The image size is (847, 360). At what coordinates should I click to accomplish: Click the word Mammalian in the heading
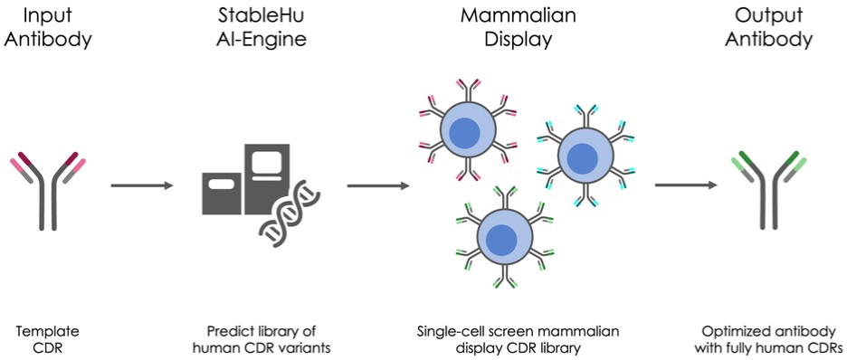coord(518,14)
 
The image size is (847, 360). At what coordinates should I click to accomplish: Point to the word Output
coord(768,14)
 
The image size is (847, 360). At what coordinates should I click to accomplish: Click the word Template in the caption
coord(48,331)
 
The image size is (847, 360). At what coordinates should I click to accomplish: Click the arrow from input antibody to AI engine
coord(142,185)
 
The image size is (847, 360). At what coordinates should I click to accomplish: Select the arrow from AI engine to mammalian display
coord(378,185)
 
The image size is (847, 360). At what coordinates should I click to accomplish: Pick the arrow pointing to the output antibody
coord(686,185)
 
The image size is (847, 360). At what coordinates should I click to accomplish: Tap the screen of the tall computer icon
coord(267,162)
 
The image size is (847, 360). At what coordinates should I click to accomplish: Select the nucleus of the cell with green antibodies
coord(502,238)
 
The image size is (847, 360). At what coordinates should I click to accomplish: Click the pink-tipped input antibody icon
coord(48,192)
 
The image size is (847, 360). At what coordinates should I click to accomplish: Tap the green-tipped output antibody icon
coord(768,191)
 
